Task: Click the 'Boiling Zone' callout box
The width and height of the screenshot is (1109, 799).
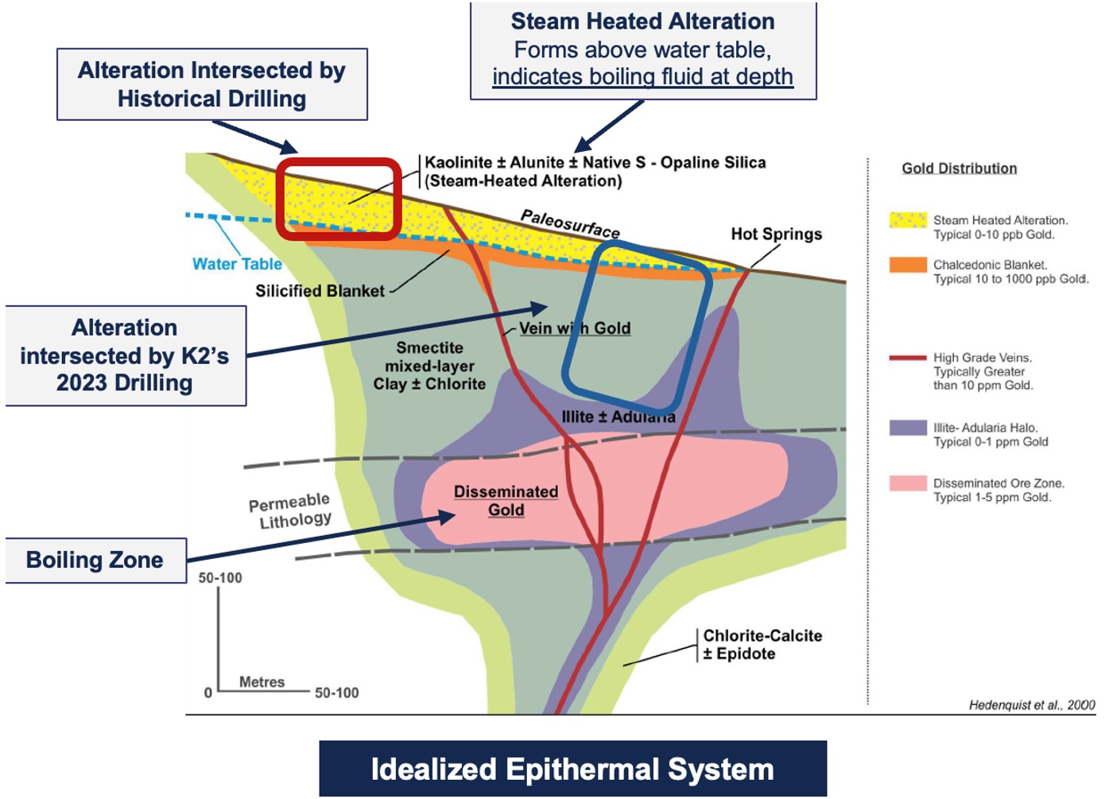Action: pos(95,560)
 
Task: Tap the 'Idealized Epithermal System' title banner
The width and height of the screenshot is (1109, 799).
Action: pos(572,769)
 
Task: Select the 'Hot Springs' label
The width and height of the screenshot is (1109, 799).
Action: pos(776,234)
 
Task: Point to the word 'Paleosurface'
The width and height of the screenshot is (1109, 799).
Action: pos(570,223)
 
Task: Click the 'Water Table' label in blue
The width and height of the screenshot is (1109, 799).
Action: pos(237,264)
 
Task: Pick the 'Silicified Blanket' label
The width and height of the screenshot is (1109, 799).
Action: pos(320,291)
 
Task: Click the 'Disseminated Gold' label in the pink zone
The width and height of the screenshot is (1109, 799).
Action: pos(506,501)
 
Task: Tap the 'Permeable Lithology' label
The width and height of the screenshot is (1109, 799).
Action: pos(291,511)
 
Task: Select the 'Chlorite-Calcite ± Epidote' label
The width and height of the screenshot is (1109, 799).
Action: pos(762,645)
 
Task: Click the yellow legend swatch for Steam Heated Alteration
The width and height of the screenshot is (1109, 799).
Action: pos(908,220)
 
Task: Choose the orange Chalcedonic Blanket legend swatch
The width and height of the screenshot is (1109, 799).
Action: pos(908,265)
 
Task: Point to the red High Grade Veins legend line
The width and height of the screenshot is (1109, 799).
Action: pos(908,358)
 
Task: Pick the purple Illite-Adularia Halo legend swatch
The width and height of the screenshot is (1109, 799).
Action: pos(908,428)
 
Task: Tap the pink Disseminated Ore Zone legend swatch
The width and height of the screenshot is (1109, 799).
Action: pos(908,483)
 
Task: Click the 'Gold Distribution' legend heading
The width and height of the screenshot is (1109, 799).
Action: pos(959,169)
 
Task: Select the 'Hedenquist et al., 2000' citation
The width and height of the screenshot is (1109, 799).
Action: pos(1031,705)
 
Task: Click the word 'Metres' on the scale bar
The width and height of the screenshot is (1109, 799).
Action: pos(262,682)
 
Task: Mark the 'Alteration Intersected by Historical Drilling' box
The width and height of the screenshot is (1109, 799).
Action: pos(211,84)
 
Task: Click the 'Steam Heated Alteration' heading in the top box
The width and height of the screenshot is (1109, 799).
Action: pos(642,21)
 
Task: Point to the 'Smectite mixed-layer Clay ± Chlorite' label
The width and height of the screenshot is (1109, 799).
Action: pos(429,366)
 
